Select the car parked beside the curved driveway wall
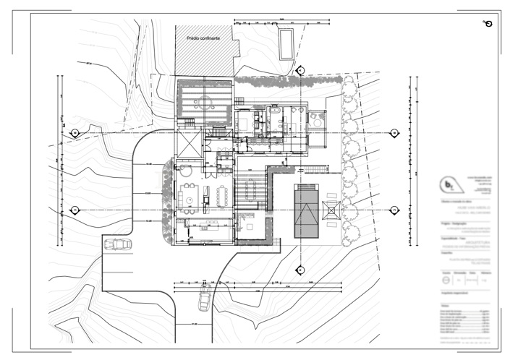click(116, 245)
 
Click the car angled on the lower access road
click(205, 296)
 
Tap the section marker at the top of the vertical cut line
click(299, 70)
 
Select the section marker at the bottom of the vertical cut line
click(299, 270)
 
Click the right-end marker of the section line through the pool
click(394, 210)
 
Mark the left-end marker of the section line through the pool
click(75, 210)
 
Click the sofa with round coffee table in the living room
click(190, 194)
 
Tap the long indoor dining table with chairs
click(222, 195)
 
